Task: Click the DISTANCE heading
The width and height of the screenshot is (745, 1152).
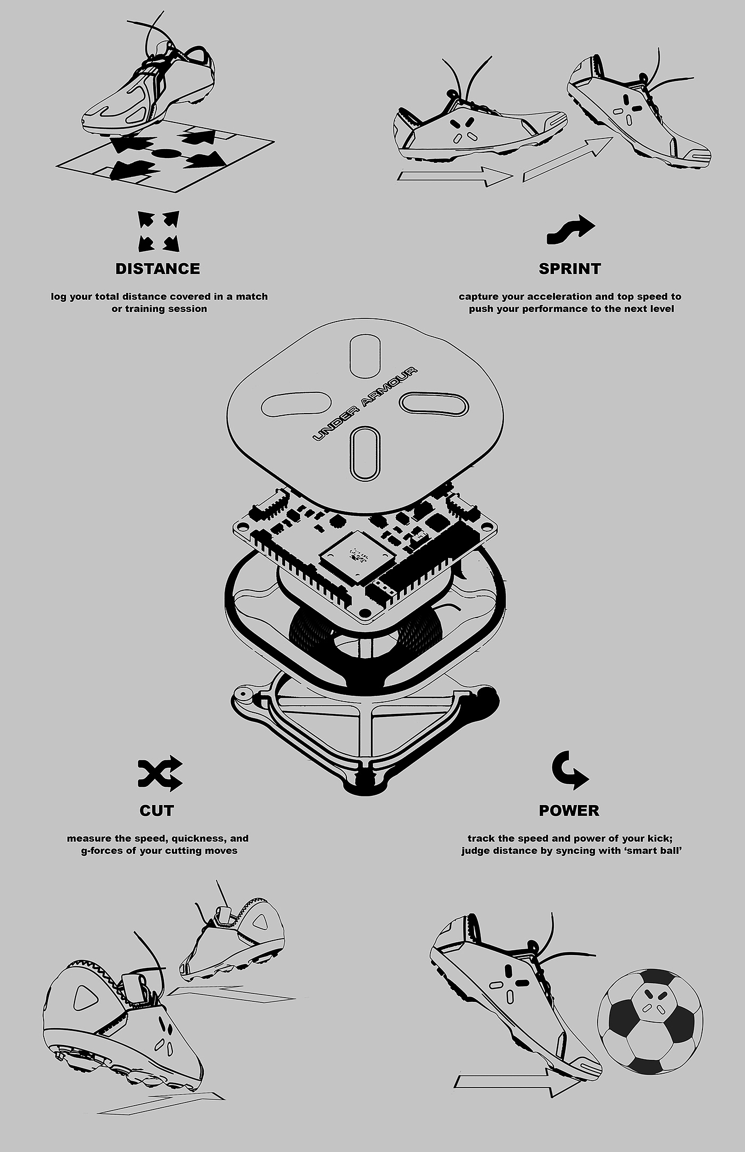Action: [x=158, y=268]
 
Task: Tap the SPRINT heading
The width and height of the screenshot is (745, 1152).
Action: [x=569, y=268]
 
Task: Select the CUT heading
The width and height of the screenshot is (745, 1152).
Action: [x=157, y=810]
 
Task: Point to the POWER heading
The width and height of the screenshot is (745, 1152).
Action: [x=569, y=810]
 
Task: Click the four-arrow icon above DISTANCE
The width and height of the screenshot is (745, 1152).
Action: [x=159, y=232]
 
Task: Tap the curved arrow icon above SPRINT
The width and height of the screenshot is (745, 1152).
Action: [x=570, y=229]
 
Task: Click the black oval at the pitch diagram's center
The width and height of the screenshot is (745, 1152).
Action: [x=168, y=153]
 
